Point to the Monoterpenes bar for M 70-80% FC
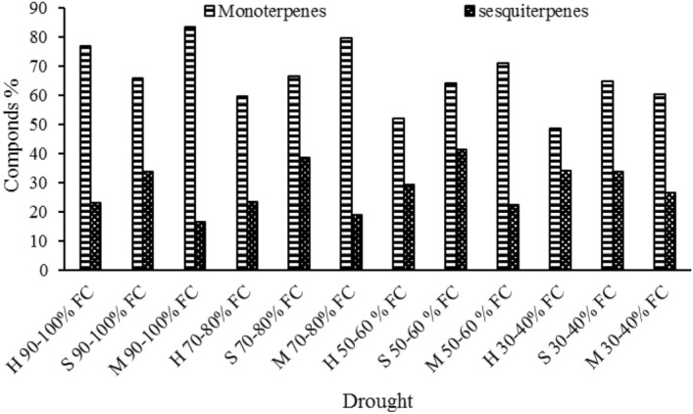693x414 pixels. pos(346,154)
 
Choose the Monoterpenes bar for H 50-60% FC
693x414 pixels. pos(398,194)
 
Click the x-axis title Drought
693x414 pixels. pos(377,401)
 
